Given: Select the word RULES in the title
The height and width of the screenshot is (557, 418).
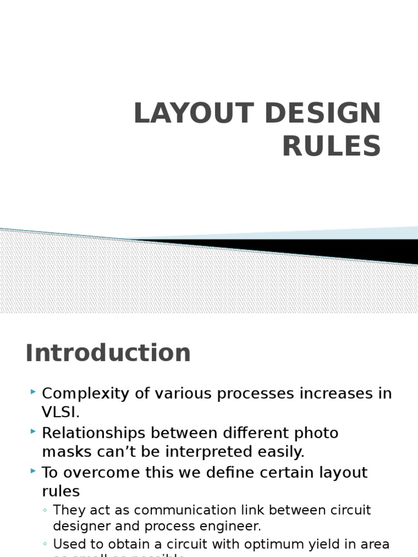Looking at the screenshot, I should [x=331, y=146].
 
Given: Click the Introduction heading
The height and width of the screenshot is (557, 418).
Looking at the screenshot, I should [x=108, y=352].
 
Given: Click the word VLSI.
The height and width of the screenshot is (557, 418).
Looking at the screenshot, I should [x=59, y=412].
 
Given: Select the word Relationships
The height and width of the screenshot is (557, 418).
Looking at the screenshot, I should [x=94, y=433].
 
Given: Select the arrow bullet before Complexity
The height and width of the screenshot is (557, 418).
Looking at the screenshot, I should [x=34, y=392].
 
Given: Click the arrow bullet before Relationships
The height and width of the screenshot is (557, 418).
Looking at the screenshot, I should [x=34, y=431].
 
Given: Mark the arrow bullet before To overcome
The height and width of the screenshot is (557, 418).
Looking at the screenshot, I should [x=34, y=471].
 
